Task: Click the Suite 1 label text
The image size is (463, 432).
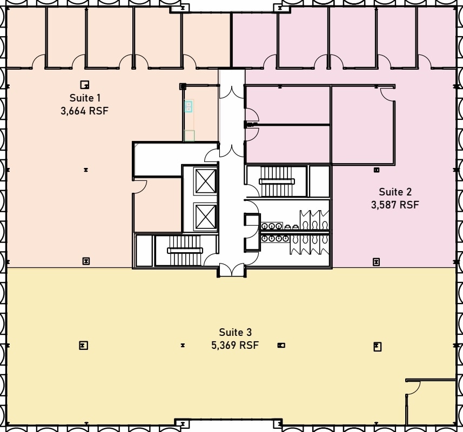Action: click(85, 98)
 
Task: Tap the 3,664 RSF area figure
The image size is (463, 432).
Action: click(85, 111)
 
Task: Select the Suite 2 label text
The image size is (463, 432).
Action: click(395, 192)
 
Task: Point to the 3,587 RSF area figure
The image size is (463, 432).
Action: click(395, 205)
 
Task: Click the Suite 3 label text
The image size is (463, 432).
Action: click(235, 332)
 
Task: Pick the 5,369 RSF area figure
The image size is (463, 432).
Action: click(235, 345)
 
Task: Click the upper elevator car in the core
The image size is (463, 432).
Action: click(205, 180)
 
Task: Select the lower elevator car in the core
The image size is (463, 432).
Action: click(205, 216)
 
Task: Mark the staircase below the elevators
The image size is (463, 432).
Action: click(185, 250)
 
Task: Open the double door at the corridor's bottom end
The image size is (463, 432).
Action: click(231, 268)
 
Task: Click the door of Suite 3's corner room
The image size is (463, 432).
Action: click(413, 388)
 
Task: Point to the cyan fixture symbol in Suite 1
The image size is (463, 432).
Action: click(188, 106)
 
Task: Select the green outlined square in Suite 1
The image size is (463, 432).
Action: click(189, 136)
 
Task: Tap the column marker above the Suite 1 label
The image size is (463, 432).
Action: click(84, 84)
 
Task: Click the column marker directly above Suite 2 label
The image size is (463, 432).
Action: click(377, 170)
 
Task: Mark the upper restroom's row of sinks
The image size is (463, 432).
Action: click(271, 226)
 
